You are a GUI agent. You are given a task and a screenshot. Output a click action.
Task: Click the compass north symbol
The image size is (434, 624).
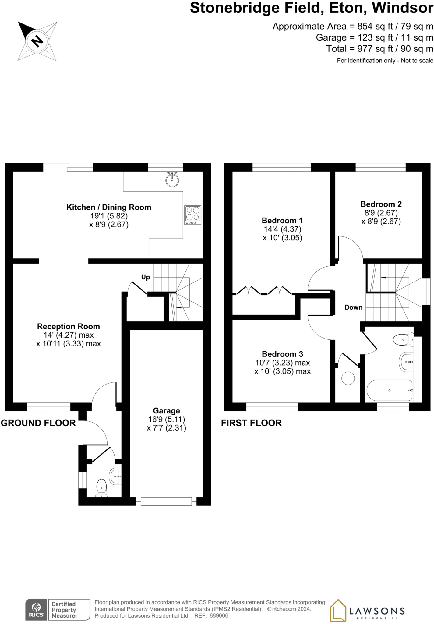tap(37, 41)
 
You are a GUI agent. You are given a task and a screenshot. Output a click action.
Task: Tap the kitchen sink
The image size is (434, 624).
tap(172, 179)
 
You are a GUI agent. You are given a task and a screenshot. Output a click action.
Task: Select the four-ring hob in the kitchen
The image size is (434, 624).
tap(193, 215)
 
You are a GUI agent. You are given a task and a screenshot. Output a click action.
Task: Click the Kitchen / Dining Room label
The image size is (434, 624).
tap(109, 207)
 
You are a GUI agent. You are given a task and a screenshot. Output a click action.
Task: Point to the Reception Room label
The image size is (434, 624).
tap(69, 326)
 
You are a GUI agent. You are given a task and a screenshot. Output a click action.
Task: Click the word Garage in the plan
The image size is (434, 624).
tap(166, 411)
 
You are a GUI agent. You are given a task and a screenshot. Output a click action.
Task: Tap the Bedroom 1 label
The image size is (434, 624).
tap(282, 220)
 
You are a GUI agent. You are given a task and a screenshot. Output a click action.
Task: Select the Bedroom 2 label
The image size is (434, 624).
tap(381, 204)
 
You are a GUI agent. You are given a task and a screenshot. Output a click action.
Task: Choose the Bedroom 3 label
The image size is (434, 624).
tap(282, 354)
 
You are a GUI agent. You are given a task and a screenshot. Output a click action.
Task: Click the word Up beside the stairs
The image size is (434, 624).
tap(146, 277)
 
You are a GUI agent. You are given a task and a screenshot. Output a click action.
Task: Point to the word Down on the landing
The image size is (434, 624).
tap(353, 307)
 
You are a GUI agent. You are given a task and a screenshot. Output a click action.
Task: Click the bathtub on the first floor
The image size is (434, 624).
tap(390, 390)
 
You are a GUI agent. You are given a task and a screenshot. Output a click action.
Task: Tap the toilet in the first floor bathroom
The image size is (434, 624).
tap(403, 339)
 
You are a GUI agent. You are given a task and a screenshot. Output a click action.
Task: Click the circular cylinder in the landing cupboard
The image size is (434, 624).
tap(348, 378)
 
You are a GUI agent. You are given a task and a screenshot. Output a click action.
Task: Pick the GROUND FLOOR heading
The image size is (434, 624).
tap(38, 423)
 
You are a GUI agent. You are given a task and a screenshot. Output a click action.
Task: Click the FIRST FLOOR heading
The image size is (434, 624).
tap(251, 423)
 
